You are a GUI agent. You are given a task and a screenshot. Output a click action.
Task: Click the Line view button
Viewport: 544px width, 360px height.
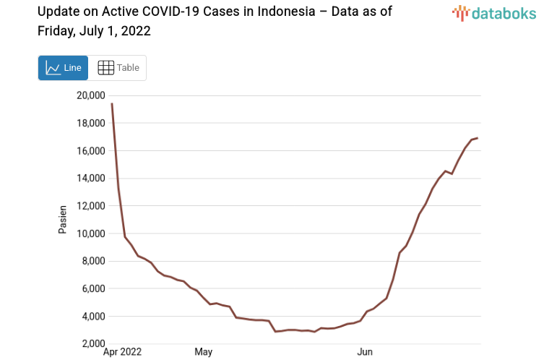pos(63,68)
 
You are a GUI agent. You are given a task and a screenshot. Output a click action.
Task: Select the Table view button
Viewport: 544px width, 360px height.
pos(118,68)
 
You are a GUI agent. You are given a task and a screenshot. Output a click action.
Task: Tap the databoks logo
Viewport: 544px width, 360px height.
pos(494,12)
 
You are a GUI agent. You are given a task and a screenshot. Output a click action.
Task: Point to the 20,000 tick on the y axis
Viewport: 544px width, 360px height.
pos(90,95)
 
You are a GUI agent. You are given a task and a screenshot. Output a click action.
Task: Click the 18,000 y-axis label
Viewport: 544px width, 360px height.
pos(90,123)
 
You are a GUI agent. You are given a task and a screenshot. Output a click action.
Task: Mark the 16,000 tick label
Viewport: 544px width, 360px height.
pos(90,150)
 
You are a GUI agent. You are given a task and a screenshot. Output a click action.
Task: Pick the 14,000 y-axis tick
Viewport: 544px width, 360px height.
pos(90,179)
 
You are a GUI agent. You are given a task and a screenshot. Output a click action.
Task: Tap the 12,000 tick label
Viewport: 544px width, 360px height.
pos(90,206)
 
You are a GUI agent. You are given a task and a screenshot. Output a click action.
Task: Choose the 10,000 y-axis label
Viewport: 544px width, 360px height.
pos(90,233)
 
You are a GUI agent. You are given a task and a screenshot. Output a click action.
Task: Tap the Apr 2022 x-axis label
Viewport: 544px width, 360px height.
pos(123,352)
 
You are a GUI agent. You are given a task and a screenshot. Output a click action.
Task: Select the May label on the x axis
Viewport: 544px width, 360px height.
pos(203,352)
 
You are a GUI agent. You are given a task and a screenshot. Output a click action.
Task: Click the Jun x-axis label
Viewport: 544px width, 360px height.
pos(365,352)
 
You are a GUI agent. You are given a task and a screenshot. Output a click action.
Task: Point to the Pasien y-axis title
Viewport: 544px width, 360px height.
pos(62,219)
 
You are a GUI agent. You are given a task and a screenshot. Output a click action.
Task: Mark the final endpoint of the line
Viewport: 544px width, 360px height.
pos(478,138)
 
